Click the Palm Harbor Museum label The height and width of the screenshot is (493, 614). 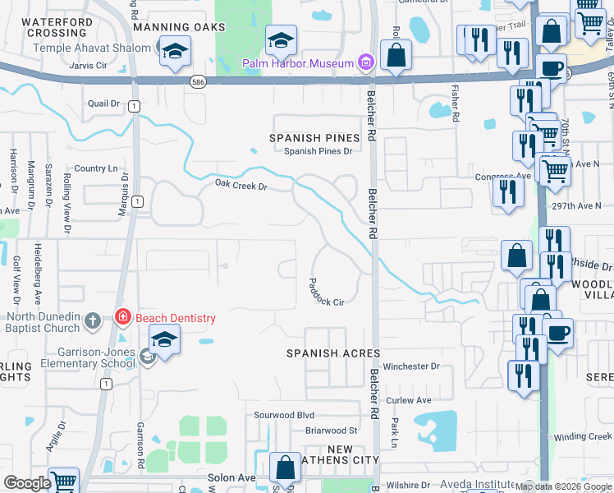click(298, 63)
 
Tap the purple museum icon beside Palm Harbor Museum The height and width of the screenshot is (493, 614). click(366, 62)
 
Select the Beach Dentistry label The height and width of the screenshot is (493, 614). click(175, 318)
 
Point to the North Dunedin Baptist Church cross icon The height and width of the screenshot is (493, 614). click(93, 320)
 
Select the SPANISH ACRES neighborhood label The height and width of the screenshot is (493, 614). click(332, 353)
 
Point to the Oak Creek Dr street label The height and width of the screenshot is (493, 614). click(241, 186)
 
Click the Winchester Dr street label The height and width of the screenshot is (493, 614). click(411, 366)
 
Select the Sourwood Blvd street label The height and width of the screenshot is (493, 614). click(284, 415)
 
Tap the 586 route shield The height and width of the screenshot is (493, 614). click(198, 81)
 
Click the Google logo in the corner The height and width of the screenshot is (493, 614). click(27, 483)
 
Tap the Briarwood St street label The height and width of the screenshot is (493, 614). click(331, 430)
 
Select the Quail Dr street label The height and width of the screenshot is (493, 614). click(103, 104)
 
